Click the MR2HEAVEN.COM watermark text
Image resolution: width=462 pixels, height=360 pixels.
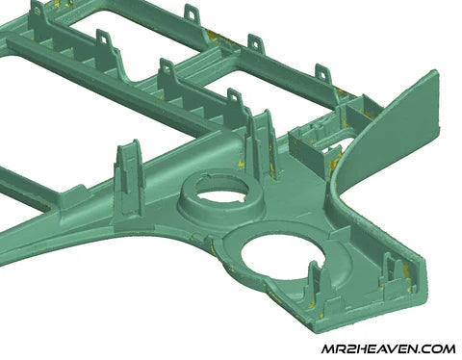[x=388, y=348]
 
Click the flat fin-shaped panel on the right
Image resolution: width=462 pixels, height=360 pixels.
[x=387, y=128]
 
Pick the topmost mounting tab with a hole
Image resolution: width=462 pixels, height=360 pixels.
[x=192, y=13]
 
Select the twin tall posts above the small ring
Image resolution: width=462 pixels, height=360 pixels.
[x=262, y=141]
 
